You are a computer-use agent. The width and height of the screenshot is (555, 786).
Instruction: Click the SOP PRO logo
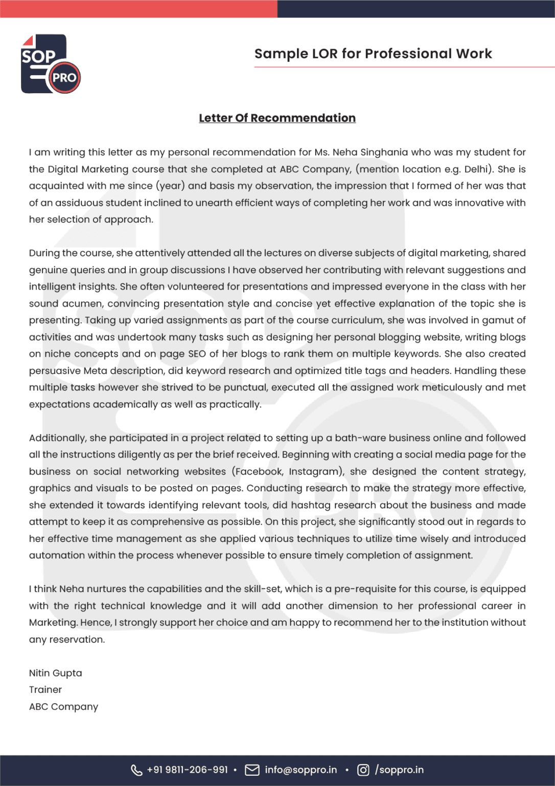coord(51,64)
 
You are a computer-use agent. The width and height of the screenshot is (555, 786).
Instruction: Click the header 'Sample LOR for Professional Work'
coord(373,54)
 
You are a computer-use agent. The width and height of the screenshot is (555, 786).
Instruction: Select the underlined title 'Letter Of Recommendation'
coord(277,118)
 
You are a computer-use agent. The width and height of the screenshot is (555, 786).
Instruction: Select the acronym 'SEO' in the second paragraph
coord(197,354)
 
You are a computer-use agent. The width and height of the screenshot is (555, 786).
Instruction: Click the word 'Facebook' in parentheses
coord(259,472)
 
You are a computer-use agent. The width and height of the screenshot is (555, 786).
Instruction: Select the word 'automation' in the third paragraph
coord(53,555)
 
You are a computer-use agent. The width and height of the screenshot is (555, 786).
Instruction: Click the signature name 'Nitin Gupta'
coord(55,673)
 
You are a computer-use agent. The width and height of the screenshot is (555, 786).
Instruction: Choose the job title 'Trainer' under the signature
coord(45,690)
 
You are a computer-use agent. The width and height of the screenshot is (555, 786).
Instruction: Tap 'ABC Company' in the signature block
coord(63,707)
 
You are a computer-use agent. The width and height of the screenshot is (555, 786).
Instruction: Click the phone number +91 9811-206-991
coord(187,770)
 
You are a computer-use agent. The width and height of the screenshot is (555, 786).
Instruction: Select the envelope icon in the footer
coord(252,770)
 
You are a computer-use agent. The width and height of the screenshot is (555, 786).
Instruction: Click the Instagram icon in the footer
coord(363,770)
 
